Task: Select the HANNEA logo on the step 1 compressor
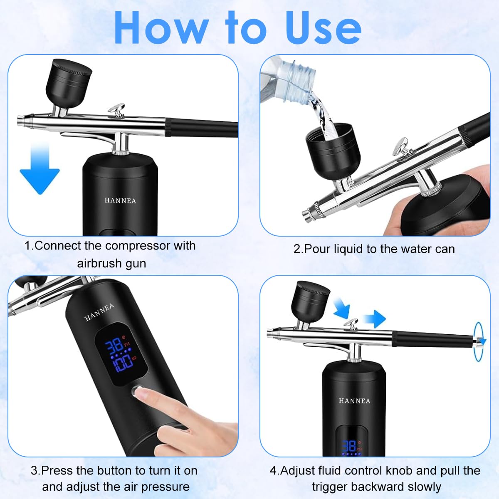point(120,200)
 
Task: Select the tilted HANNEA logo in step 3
point(99,312)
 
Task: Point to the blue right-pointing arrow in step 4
point(373,319)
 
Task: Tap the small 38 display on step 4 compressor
point(348,446)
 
